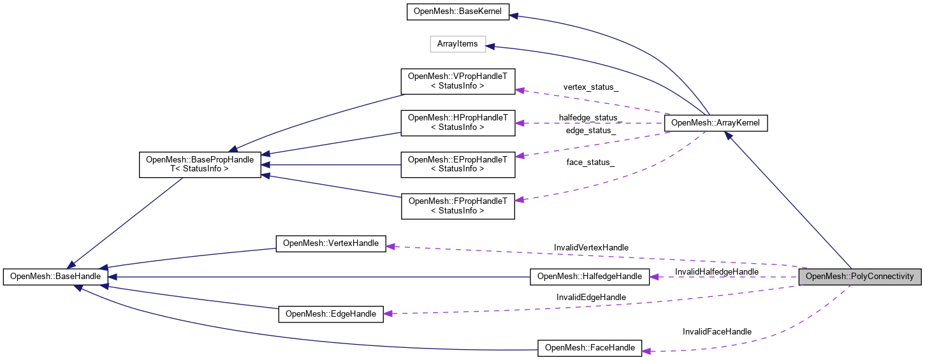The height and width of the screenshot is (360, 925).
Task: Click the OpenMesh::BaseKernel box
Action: tap(458, 12)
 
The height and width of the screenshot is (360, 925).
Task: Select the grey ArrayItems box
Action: tap(458, 44)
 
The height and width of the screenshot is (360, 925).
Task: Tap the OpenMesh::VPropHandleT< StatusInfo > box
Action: tap(458, 81)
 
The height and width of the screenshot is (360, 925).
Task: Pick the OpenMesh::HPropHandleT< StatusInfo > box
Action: tap(458, 122)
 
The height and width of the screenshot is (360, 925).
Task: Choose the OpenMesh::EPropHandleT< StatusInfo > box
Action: tap(458, 164)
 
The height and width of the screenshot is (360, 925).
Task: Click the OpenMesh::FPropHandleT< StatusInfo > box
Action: tap(458, 205)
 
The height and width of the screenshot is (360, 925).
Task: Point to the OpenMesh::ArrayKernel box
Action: tap(715, 123)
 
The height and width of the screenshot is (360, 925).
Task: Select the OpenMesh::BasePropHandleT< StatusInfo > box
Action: tap(200, 164)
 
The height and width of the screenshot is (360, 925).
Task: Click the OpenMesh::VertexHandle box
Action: tap(331, 243)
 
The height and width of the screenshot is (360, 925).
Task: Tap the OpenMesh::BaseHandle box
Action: tap(55, 277)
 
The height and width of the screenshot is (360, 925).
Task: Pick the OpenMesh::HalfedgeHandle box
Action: tap(590, 277)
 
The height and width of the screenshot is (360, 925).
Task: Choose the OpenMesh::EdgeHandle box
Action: tap(331, 313)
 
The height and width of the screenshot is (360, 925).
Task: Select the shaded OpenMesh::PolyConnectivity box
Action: tap(859, 277)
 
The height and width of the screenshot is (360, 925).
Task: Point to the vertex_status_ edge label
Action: tap(590, 87)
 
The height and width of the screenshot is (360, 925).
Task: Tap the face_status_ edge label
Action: tap(590, 162)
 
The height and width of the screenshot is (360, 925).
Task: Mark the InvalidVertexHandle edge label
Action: tap(591, 247)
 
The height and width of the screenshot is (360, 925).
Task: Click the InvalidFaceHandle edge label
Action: tap(717, 331)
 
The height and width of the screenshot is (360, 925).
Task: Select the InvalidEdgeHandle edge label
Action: tap(591, 297)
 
